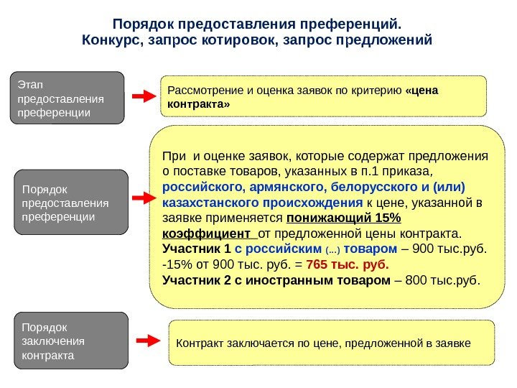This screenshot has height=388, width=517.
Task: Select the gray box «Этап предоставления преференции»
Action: coord(67,98)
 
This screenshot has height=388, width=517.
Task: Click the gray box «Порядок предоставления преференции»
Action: coord(70,203)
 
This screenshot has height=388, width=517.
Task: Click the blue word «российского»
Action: coord(196,188)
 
